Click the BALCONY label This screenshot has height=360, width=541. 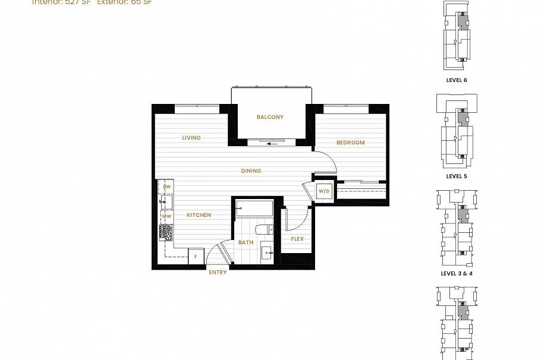coord(270,117)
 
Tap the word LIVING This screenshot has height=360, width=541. coord(191,138)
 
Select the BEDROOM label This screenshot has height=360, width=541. coord(351,143)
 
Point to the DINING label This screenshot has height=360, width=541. coord(251,171)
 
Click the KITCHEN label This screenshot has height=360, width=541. coord(199,215)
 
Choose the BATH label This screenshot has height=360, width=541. coord(246,242)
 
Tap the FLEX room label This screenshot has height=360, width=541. coord(297,239)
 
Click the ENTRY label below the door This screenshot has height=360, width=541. coord(218,273)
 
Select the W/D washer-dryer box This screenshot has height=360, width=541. coord(324,191)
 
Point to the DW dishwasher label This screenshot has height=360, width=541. coord(166,187)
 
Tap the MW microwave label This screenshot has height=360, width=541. coord(167,216)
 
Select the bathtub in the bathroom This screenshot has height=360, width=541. coord(254,209)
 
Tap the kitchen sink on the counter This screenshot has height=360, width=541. coord(166,201)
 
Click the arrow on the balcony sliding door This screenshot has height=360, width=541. coord(273,143)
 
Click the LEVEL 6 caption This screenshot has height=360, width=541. coord(457,80)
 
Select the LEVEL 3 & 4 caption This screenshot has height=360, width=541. coord(457,273)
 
